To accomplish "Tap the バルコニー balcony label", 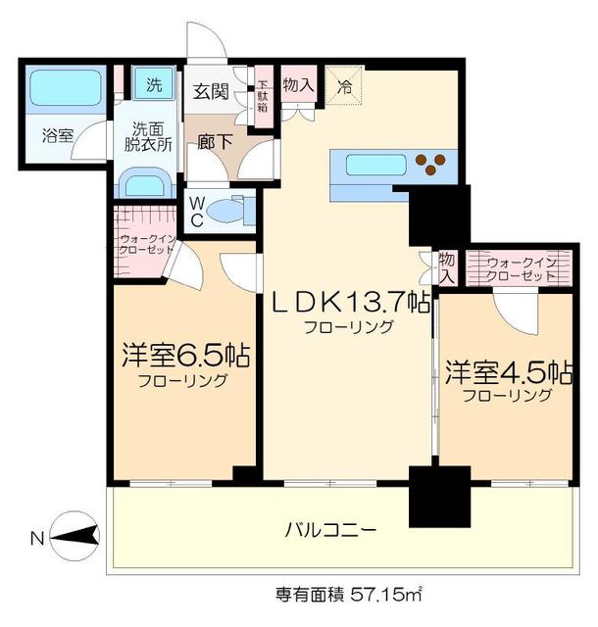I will pyautogui.click(x=330, y=531).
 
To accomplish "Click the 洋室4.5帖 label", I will pyautogui.click(x=508, y=372).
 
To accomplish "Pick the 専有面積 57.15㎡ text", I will pyautogui.click(x=348, y=594).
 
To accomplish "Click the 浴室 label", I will pyautogui.click(x=57, y=136).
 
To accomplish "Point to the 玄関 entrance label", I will pyautogui.click(x=208, y=92).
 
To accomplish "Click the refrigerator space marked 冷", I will pyautogui.click(x=344, y=85).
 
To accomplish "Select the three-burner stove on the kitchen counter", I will pyautogui.click(x=428, y=165).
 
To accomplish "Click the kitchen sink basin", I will pyautogui.click(x=375, y=165).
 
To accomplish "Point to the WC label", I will pyautogui.click(x=197, y=211).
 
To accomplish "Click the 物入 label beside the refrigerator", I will pyautogui.click(x=298, y=85).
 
